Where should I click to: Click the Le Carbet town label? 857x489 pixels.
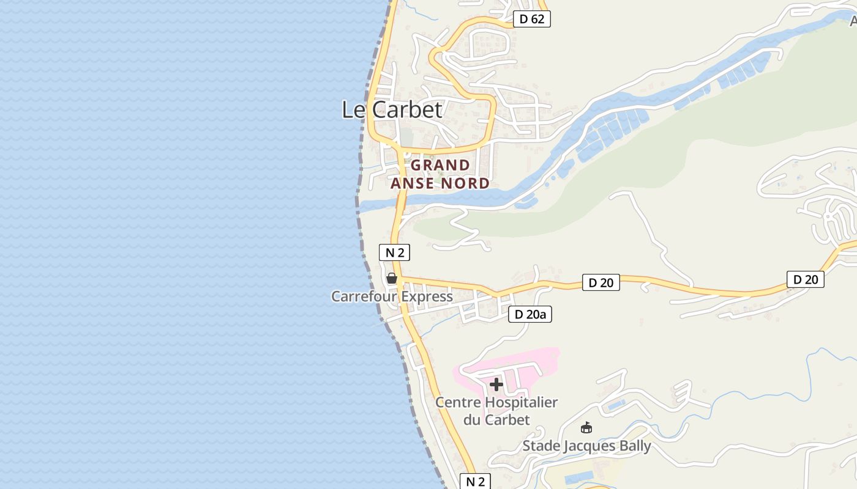tap(392, 109)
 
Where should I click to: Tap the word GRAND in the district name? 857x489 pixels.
tap(440, 165)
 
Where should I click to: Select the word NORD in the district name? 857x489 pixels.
tap(466, 183)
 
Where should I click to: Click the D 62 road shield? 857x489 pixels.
tap(531, 19)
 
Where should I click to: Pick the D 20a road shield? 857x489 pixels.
tap(530, 315)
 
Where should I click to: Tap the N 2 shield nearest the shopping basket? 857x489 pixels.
tap(394, 252)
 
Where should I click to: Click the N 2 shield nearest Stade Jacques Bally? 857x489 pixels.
tap(476, 481)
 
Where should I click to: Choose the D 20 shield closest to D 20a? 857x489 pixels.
tap(601, 282)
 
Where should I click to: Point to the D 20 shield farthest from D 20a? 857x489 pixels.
tap(805, 279)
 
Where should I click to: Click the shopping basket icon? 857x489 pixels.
tap(392, 279)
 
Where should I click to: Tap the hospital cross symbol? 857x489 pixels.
tap(496, 384)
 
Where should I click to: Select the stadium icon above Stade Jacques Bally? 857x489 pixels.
tap(586, 427)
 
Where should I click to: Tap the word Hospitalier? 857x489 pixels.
tap(521, 403)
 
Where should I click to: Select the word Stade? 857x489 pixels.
tap(541, 446)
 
